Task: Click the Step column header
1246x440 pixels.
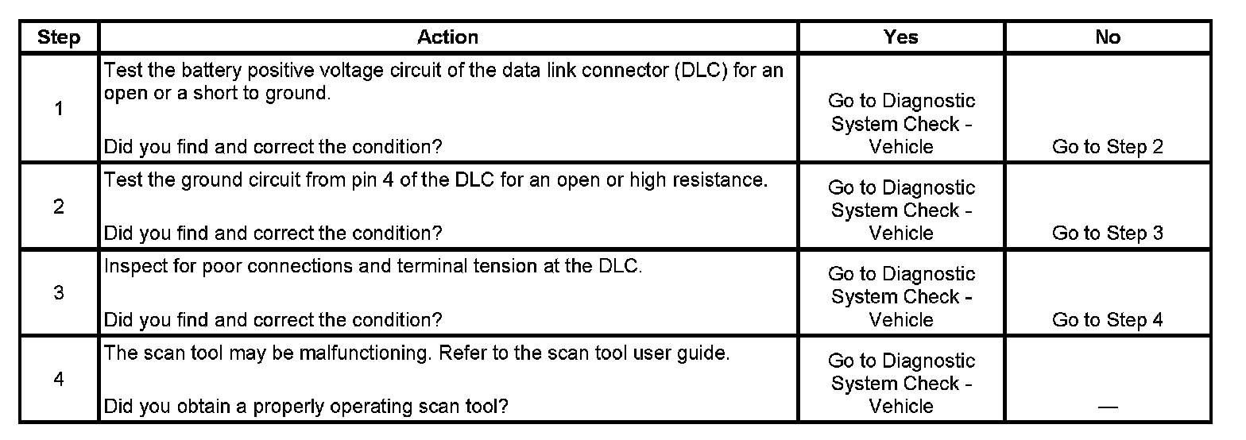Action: (59, 37)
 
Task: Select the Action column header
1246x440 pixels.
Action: (447, 37)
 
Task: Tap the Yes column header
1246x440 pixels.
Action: (901, 37)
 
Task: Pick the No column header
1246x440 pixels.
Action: (1108, 37)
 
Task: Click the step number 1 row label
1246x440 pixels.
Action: (59, 109)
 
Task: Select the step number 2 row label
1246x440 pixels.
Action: (59, 207)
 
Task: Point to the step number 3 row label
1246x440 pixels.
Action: (59, 293)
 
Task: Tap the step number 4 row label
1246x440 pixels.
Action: (59, 380)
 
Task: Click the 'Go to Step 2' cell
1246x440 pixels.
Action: (1108, 147)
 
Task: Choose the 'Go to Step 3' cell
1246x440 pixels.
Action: (1108, 234)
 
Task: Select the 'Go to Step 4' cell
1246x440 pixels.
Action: (1108, 320)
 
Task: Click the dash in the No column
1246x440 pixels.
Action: (1108, 407)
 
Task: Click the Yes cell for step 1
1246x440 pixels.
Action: (901, 124)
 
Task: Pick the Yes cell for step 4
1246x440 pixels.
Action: (901, 383)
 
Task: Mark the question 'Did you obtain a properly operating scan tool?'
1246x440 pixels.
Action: (306, 407)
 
